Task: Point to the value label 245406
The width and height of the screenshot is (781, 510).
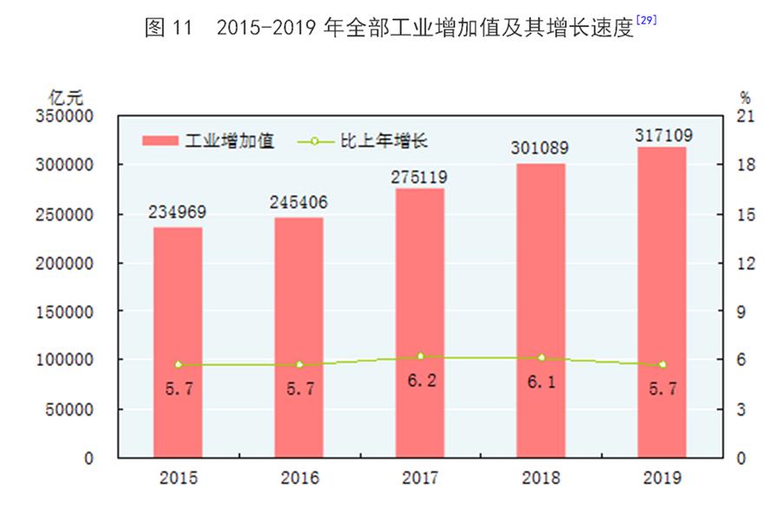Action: tap(299, 202)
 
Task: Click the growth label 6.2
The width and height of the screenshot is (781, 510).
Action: tap(420, 380)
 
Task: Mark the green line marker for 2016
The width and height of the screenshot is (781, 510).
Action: tap(299, 364)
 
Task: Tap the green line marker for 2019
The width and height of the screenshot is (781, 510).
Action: tap(662, 364)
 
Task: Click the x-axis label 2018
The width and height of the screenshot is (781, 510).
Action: tap(541, 478)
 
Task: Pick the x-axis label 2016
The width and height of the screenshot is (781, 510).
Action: tap(299, 478)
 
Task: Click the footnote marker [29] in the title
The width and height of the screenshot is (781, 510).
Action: tap(646, 19)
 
